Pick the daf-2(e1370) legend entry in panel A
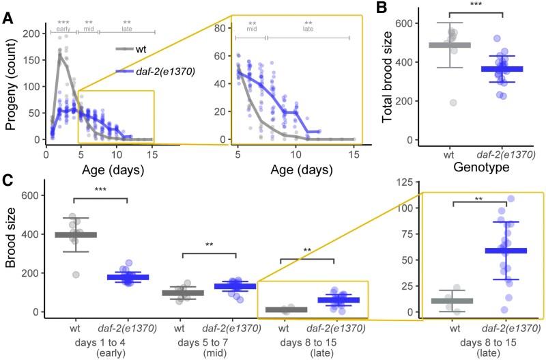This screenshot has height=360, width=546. [x=160, y=72]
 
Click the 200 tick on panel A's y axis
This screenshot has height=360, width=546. [x=30, y=33]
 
